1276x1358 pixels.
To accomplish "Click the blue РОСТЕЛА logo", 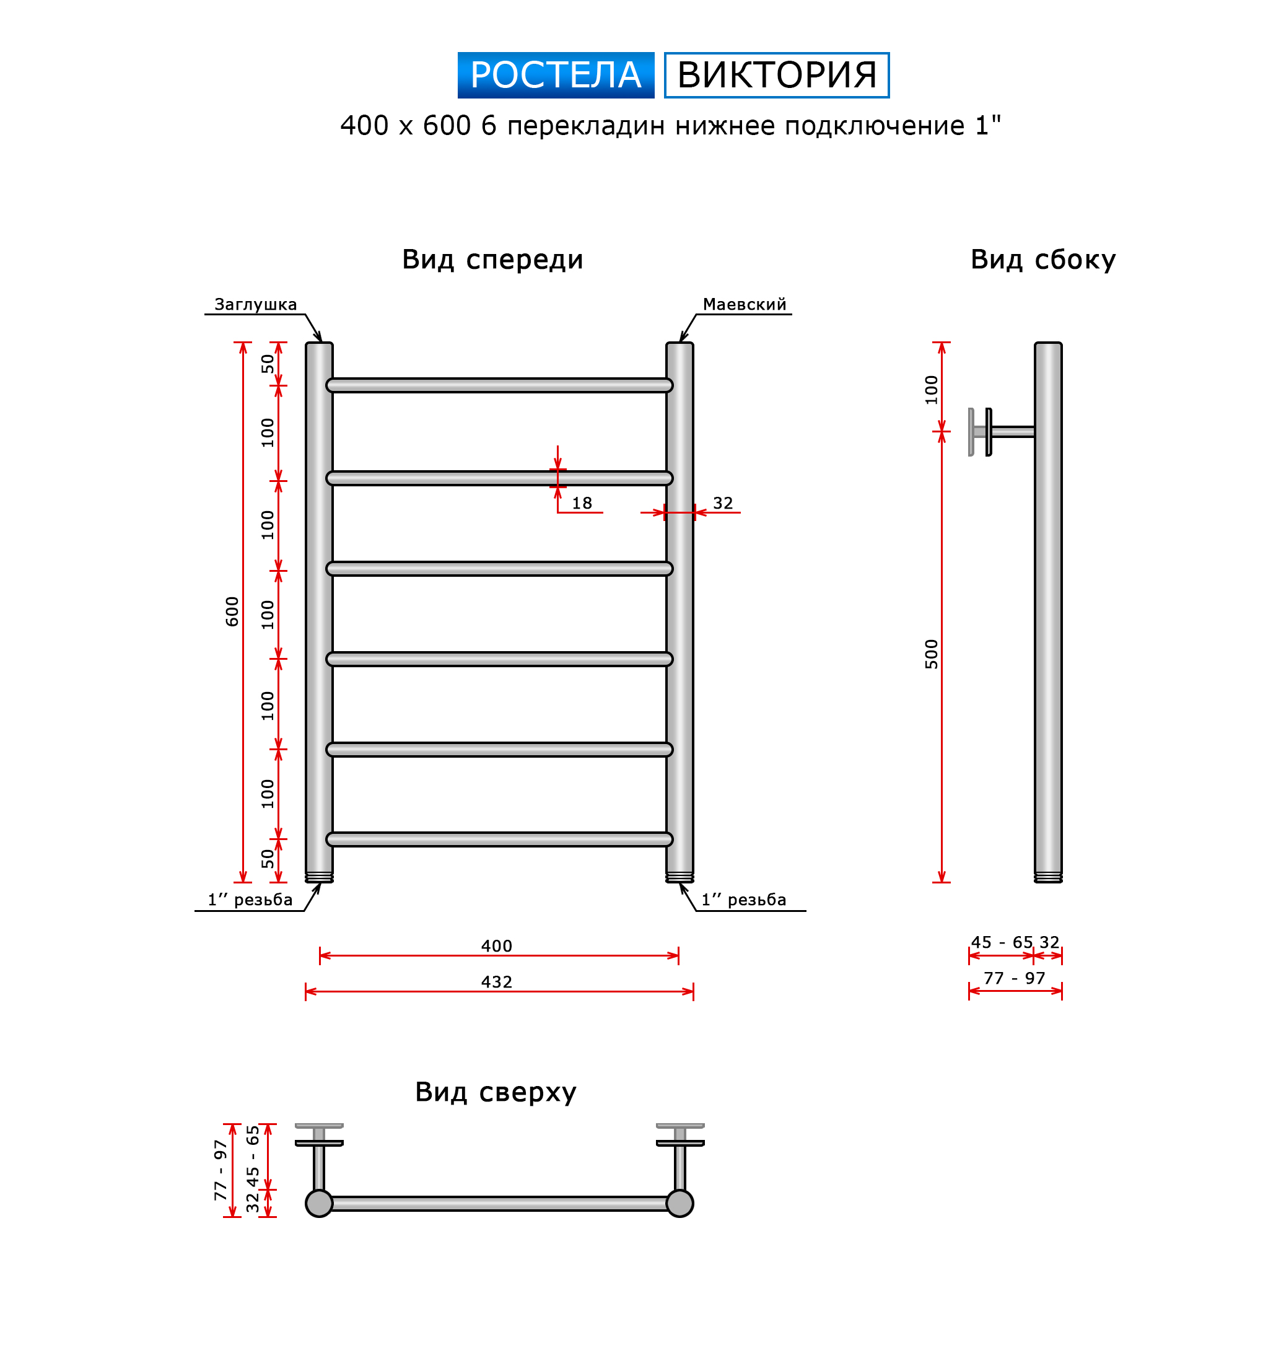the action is (556, 74).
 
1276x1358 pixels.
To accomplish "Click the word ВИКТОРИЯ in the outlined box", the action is (777, 74).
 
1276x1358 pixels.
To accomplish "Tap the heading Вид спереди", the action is (492, 260).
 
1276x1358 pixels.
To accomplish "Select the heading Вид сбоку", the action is (1043, 260).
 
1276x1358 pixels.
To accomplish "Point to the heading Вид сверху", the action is (496, 1092).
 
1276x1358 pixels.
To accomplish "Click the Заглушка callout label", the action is (255, 305).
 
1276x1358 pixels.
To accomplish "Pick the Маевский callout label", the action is (745, 305).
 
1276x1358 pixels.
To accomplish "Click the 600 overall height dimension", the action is (232, 611).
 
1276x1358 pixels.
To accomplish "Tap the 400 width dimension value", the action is (497, 946).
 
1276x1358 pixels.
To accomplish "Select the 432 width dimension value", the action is (497, 981).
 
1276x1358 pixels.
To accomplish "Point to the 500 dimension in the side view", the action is (931, 654).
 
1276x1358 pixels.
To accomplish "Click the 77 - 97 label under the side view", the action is (1015, 978).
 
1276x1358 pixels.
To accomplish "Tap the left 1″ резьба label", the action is (250, 900).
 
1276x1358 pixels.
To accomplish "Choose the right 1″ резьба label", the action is (744, 900).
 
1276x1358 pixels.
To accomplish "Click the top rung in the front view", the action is (499, 385).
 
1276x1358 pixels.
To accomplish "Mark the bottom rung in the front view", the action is (499, 839).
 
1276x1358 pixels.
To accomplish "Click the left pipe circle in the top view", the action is (319, 1204).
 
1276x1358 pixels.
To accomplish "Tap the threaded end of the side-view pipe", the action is (1048, 877).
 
